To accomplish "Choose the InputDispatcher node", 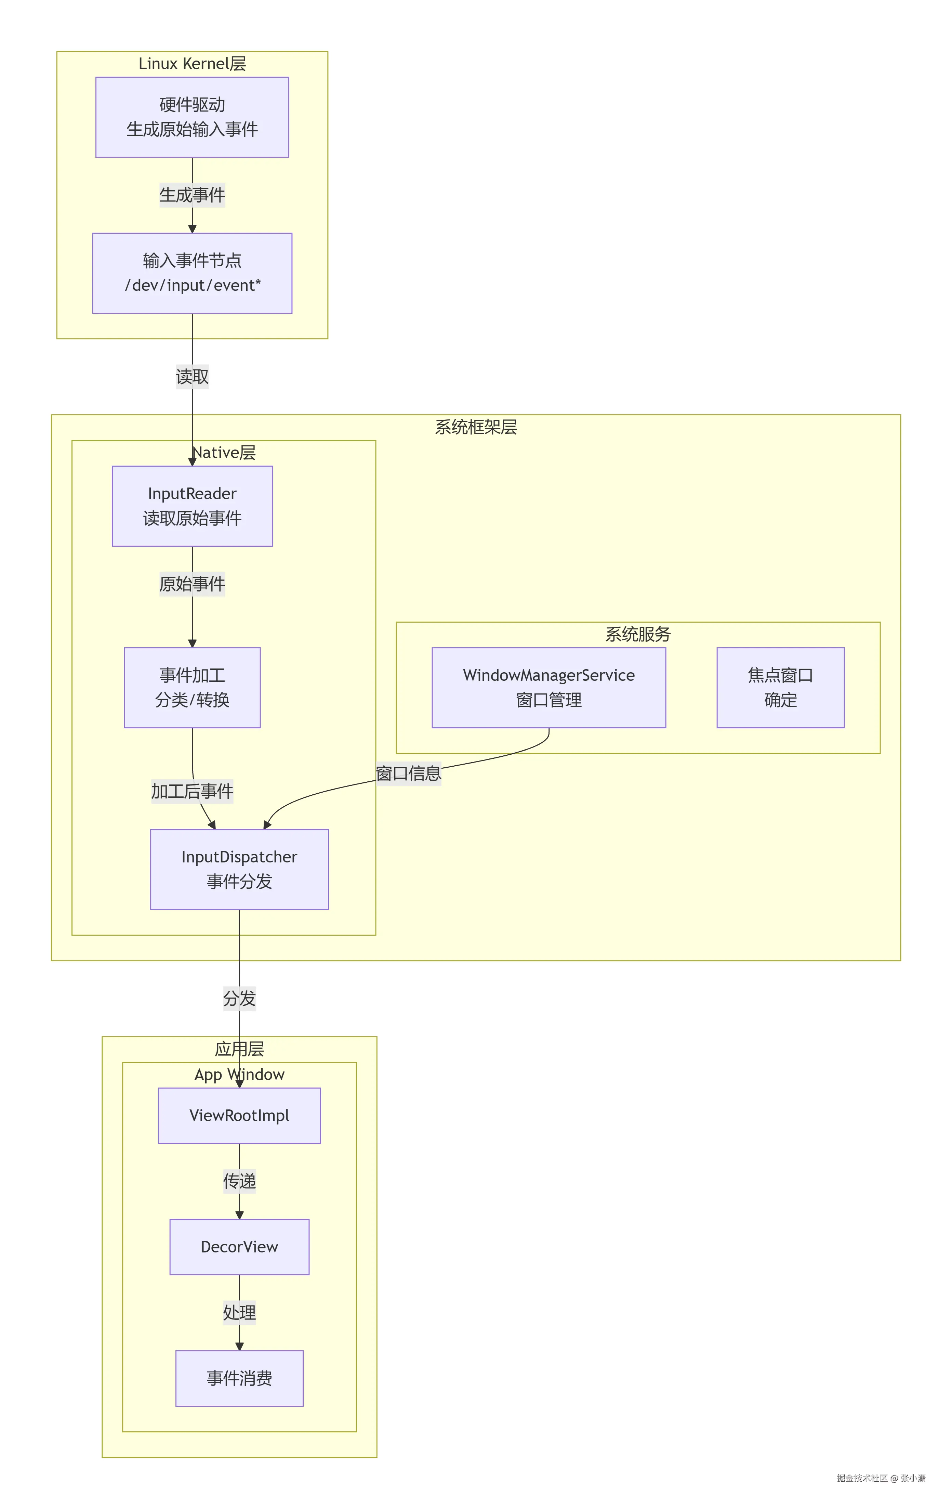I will (239, 869).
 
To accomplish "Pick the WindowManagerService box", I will (548, 687).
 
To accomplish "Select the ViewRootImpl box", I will (239, 1116).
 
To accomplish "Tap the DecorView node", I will (239, 1247).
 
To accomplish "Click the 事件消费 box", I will (239, 1379).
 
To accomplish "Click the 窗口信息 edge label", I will (408, 773).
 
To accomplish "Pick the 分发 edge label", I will (239, 998).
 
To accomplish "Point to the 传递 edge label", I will (239, 1181).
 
